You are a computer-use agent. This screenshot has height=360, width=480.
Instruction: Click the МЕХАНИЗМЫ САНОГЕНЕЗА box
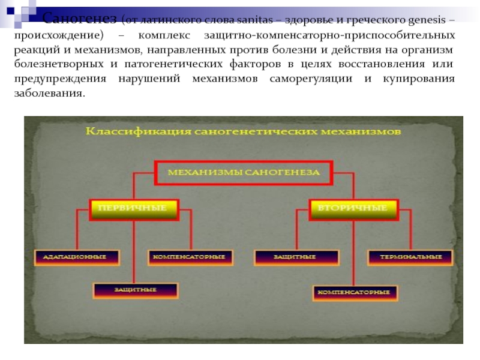[x=243, y=172]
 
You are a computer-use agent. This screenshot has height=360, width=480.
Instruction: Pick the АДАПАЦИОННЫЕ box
[x=77, y=257]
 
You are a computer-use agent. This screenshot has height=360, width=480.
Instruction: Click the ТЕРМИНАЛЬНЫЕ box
[x=410, y=257]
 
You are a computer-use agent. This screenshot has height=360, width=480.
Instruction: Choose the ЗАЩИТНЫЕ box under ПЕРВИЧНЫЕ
[x=136, y=290]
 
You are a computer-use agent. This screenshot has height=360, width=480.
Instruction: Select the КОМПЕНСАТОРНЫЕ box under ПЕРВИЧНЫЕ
[x=189, y=257]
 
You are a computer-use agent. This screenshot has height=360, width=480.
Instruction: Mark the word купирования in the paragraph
[x=418, y=79]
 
